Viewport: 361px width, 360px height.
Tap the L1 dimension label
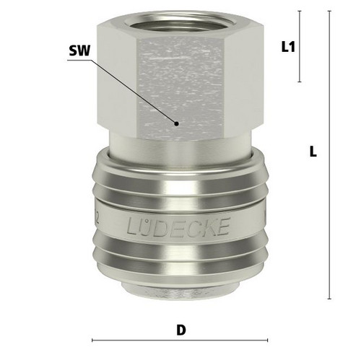coord(288,47)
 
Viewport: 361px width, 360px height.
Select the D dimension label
coord(181,330)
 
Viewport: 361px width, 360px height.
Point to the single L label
coord(313,152)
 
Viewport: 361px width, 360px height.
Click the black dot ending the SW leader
coord(176,124)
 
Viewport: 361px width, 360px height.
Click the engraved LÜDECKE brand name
coord(178,227)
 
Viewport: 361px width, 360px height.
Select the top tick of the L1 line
coord(300,11)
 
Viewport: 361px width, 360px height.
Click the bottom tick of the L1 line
coord(300,82)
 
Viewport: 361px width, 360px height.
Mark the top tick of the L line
coord(329,11)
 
